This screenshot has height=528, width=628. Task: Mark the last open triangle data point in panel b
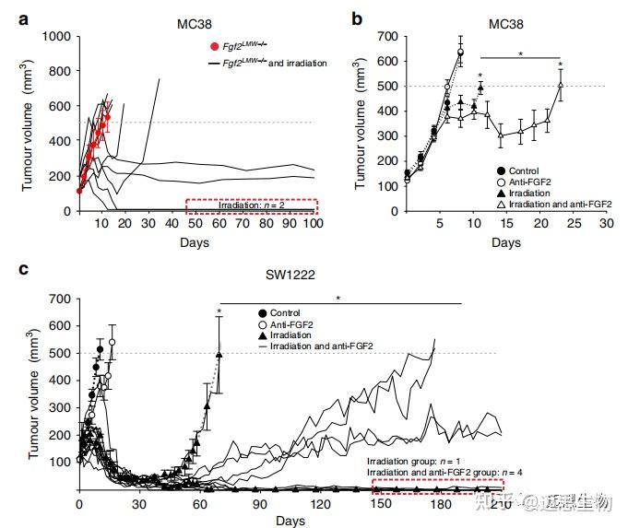tap(561, 86)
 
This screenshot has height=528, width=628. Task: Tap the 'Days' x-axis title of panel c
tap(292, 520)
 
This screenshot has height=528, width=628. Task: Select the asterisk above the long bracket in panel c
tap(338, 298)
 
